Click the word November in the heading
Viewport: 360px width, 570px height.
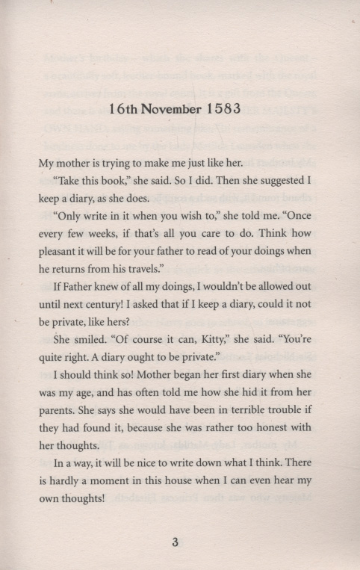(165, 109)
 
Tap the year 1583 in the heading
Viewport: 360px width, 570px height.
(220, 109)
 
